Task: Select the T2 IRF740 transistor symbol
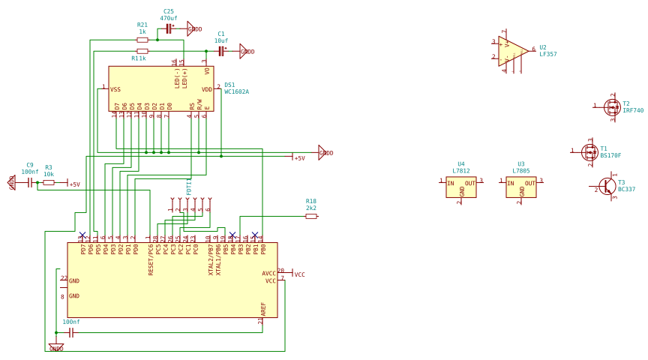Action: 612,107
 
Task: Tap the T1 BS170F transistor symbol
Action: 589,152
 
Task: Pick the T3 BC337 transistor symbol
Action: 607,186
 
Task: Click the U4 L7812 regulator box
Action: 461,187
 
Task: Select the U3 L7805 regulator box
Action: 521,187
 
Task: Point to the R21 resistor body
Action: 142,40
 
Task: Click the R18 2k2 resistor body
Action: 311,216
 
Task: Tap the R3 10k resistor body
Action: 49,182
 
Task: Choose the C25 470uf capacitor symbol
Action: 169,28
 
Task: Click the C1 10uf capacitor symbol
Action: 221,51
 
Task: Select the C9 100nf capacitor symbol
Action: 30,182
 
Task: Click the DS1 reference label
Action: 229,85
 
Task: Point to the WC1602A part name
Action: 236,92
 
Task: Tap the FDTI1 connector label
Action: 189,187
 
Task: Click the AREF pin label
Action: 263,308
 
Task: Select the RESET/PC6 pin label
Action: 151,259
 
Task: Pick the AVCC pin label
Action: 268,274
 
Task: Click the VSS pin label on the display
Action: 115,89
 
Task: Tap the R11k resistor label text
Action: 139,58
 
